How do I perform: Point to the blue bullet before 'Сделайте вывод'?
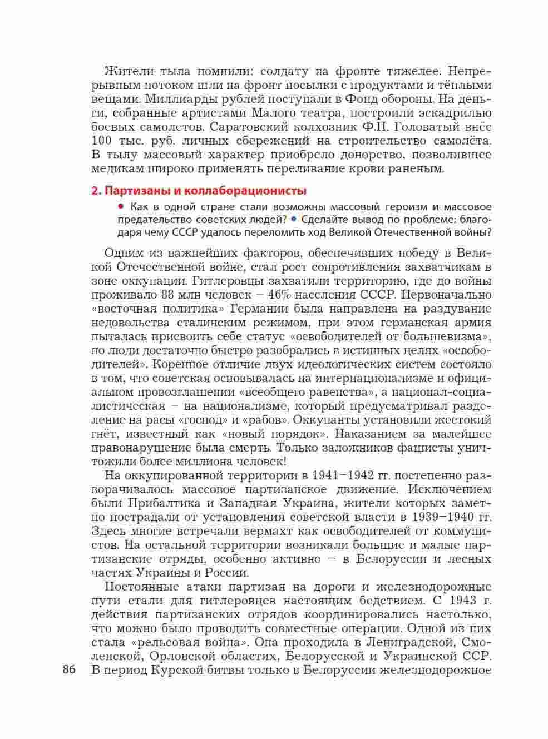[x=294, y=219]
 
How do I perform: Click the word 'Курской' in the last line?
[x=184, y=670]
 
